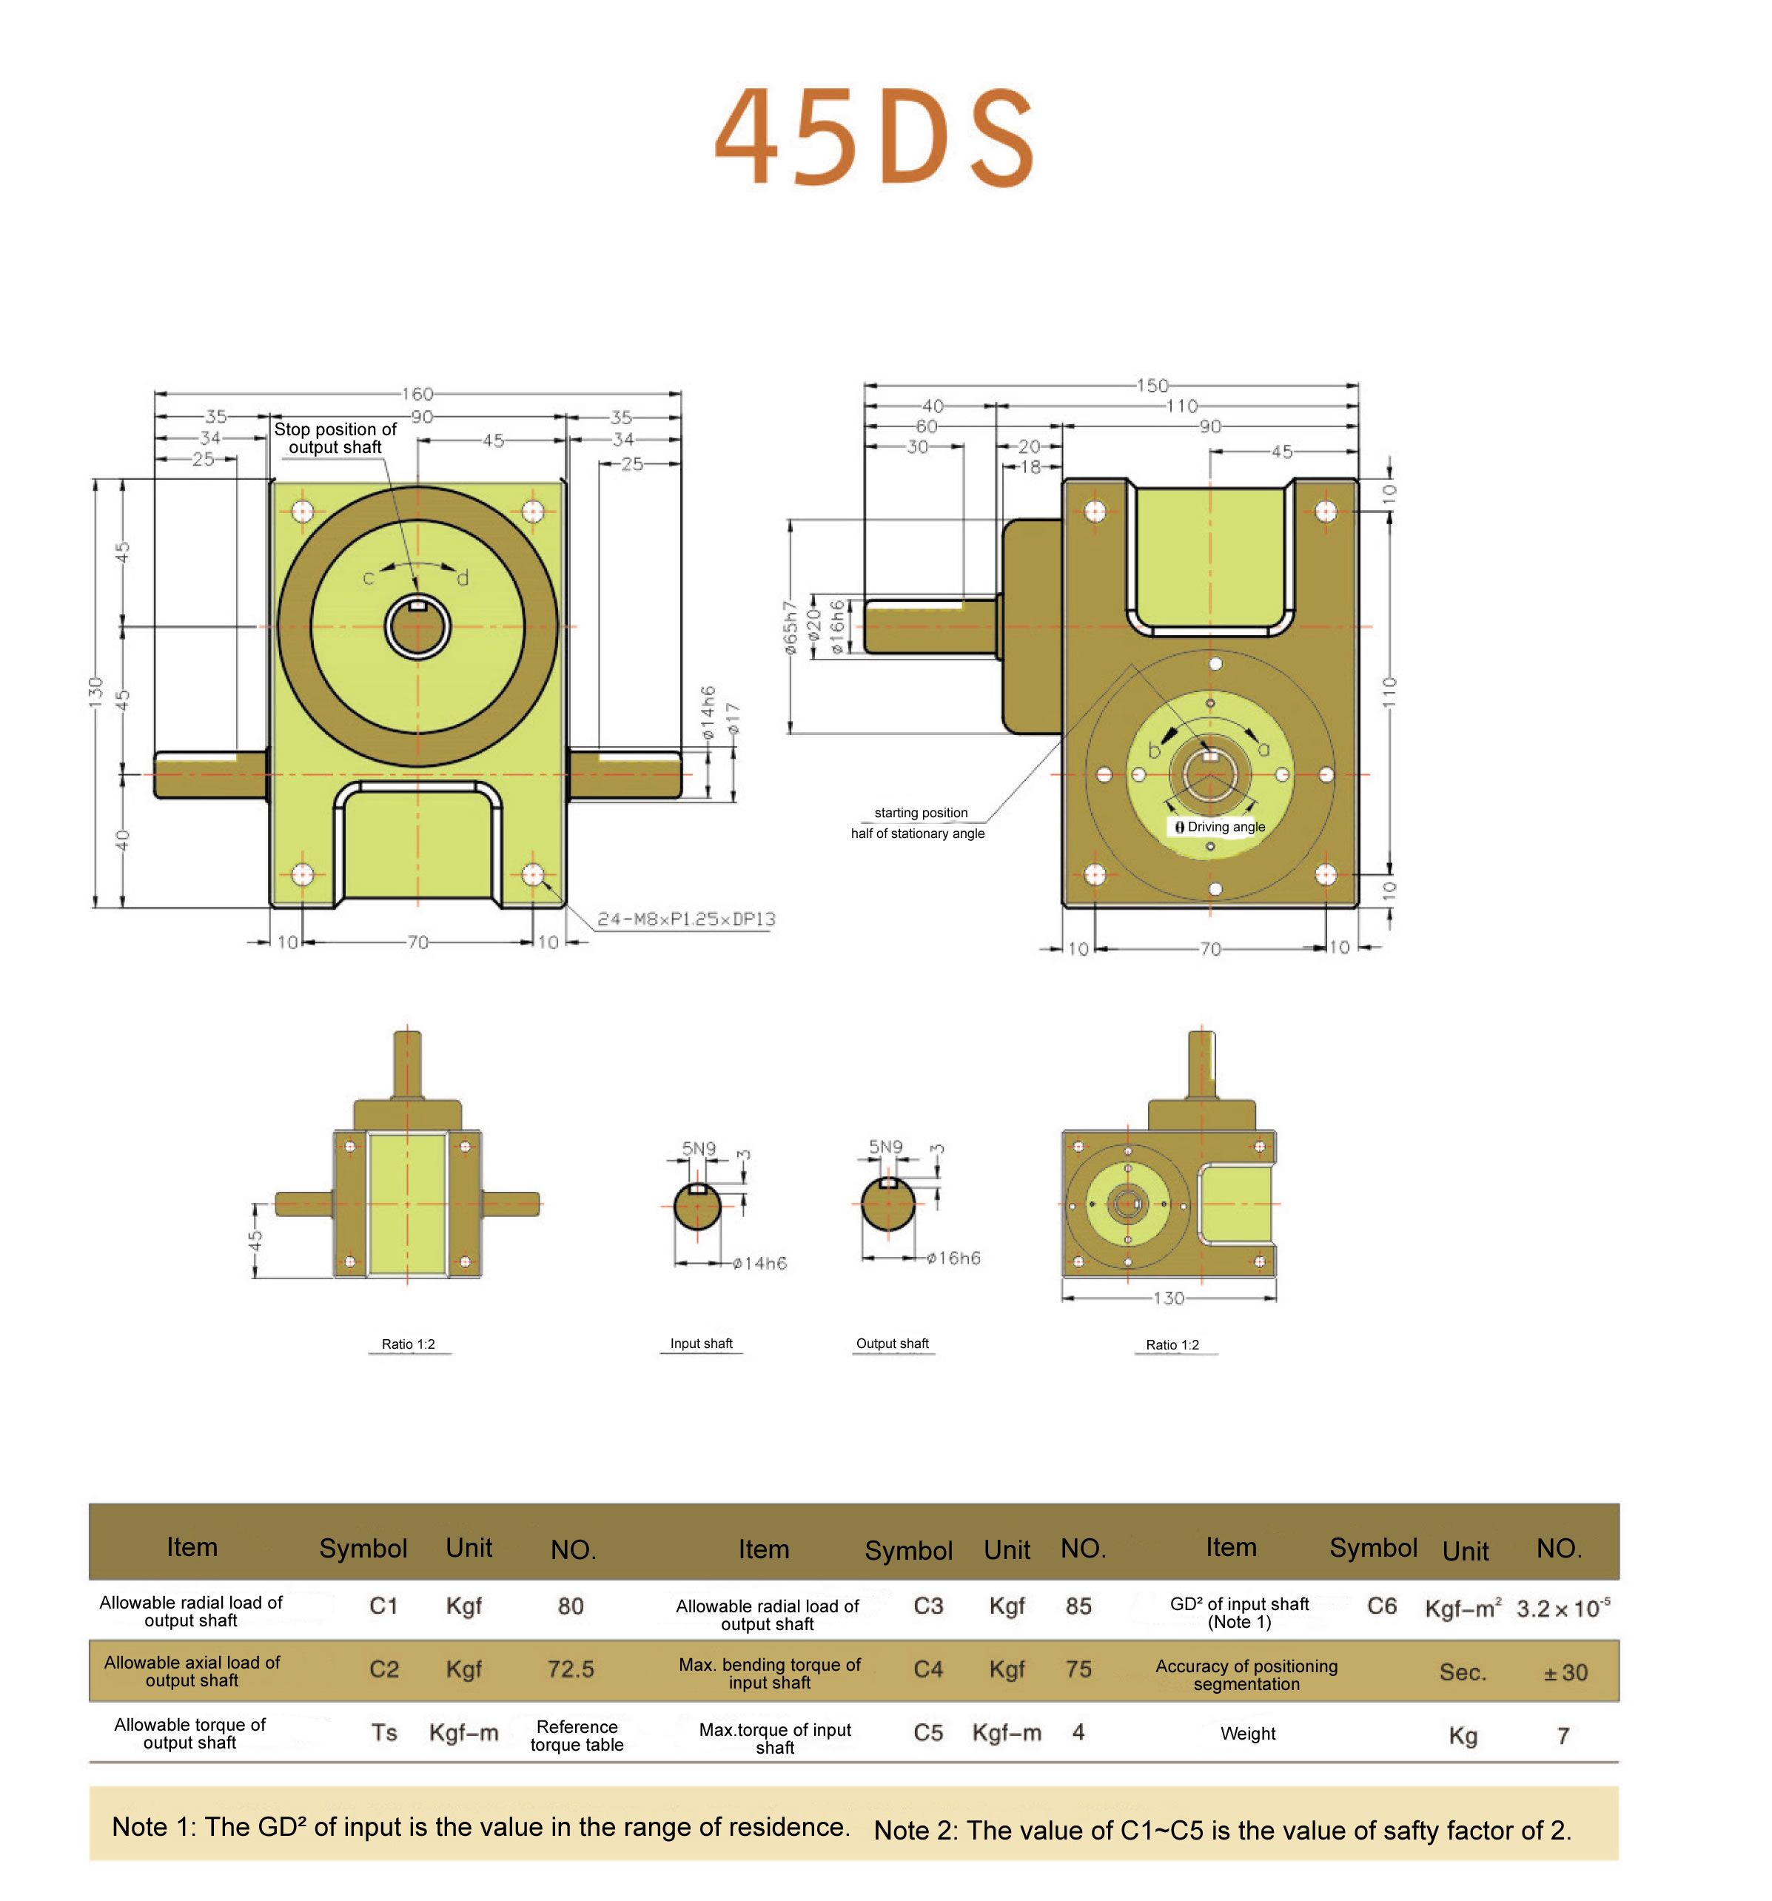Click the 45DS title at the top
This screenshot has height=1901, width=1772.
(875, 137)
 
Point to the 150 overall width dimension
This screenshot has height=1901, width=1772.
(1152, 386)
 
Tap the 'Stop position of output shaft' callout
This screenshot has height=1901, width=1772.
(335, 438)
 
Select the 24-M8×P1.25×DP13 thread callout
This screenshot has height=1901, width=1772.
(685, 919)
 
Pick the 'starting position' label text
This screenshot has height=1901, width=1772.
(920, 813)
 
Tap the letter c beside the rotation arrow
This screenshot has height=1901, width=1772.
(368, 577)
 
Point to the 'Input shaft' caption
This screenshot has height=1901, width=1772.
(701, 1344)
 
